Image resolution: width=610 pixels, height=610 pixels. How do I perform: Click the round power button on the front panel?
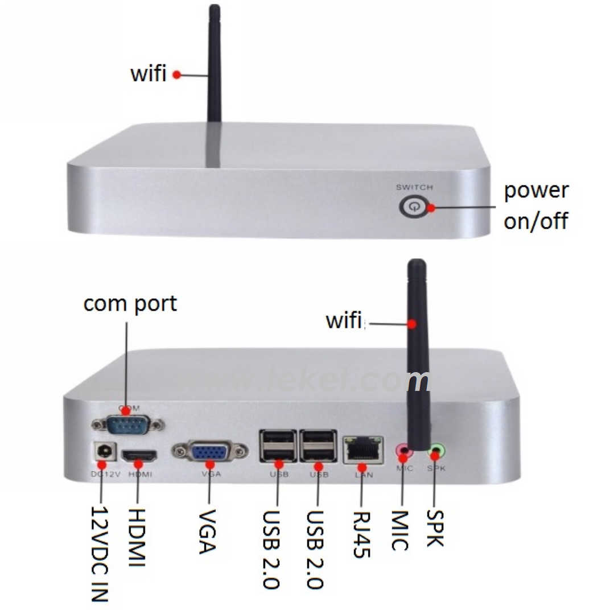pos(413,207)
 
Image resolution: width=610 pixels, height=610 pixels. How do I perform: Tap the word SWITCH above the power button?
pos(414,187)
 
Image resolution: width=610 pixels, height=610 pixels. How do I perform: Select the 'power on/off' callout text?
pos(535,205)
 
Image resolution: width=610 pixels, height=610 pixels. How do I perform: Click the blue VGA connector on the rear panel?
pos(209,452)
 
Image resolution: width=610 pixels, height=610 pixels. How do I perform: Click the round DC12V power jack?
pos(104,452)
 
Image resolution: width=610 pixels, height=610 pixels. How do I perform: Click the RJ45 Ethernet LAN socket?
pos(362,451)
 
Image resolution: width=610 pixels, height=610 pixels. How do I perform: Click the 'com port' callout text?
pos(130,303)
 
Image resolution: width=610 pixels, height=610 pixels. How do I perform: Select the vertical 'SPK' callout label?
pos(435,527)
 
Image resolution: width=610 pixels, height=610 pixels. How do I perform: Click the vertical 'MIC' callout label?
pos(401,530)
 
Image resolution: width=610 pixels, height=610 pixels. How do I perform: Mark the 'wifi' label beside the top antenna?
pos(149,74)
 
